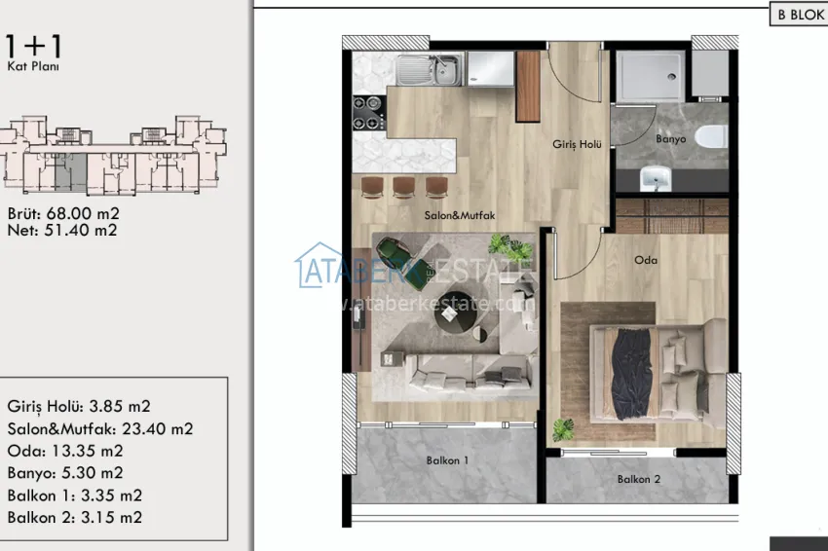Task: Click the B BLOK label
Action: coord(797,16)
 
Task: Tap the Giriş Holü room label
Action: coord(577,145)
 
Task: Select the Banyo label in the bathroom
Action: coord(670,139)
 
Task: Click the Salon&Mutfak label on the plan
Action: coord(456,215)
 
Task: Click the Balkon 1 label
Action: coord(447,459)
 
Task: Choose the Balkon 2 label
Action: coord(639,479)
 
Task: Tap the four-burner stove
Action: coord(370,113)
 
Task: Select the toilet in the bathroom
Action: coord(714,137)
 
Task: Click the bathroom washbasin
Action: coord(655,177)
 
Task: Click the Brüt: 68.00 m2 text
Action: coord(63,213)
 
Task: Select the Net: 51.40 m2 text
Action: coord(62,231)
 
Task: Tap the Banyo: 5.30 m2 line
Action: coord(65,473)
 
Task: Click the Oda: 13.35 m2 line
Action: coord(65,451)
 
